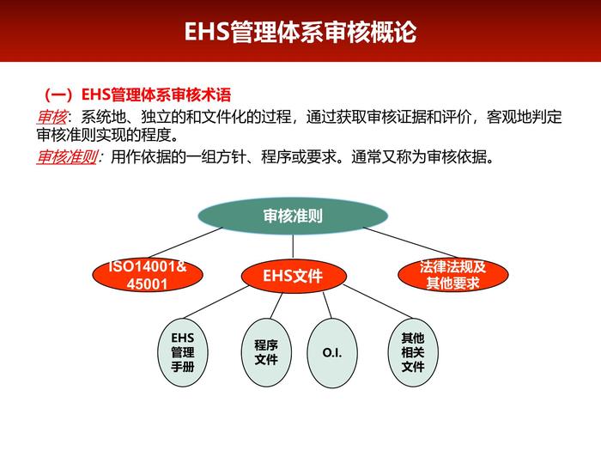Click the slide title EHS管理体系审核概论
(x=300, y=32)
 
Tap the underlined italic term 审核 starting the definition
(x=51, y=116)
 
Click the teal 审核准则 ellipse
(x=292, y=216)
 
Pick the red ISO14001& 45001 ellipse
(x=147, y=275)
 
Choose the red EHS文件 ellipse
(x=293, y=276)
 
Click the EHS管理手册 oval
(x=182, y=352)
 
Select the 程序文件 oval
(x=265, y=352)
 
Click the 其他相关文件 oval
(x=413, y=352)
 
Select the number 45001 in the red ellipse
(x=147, y=284)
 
